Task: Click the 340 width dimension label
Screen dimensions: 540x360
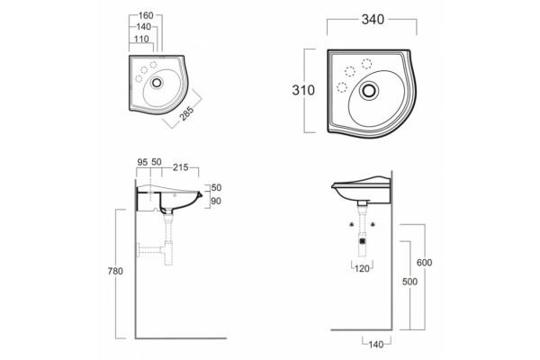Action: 373,20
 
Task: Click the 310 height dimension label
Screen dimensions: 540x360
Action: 303,90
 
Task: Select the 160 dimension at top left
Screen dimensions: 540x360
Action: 146,15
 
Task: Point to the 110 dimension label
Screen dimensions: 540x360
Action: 141,39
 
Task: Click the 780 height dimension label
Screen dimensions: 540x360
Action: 115,272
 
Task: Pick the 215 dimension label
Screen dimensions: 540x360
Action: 181,167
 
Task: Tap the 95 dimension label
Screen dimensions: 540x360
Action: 142,162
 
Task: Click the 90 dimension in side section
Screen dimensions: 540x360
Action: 216,201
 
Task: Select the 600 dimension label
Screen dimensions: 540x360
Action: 424,263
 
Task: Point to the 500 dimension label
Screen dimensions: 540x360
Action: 409,282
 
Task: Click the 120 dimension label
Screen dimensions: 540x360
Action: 362,268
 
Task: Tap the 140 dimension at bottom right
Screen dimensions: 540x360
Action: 375,344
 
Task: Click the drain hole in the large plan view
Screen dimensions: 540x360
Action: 369,91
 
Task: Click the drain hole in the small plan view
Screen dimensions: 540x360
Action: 157,82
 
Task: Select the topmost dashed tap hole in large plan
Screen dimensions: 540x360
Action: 366,64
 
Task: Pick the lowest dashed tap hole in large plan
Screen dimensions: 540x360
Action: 342,87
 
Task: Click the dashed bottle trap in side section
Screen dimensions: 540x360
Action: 168,253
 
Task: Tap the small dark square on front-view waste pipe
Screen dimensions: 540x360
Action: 362,241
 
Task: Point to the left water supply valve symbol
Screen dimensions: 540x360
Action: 352,225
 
